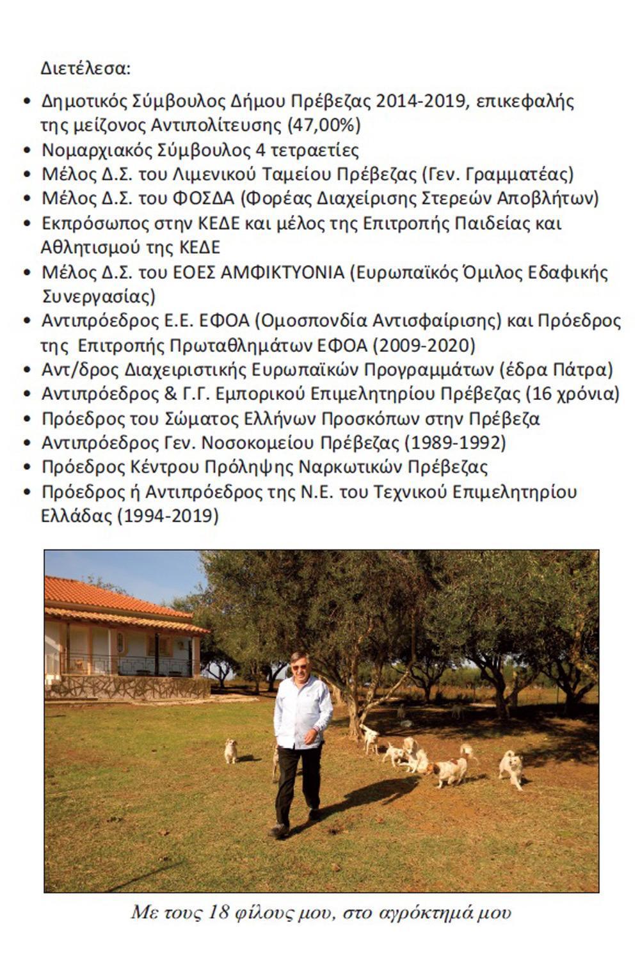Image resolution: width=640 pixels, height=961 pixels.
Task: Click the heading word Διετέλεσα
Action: (86, 68)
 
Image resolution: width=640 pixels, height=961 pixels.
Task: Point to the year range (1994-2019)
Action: (168, 516)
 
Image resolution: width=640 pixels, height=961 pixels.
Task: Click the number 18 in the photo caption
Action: (220, 912)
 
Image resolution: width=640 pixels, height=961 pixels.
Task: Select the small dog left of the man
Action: (230, 750)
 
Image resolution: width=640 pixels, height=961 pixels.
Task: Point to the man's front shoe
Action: (279, 830)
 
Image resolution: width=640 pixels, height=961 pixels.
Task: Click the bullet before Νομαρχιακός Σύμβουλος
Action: (27, 150)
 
